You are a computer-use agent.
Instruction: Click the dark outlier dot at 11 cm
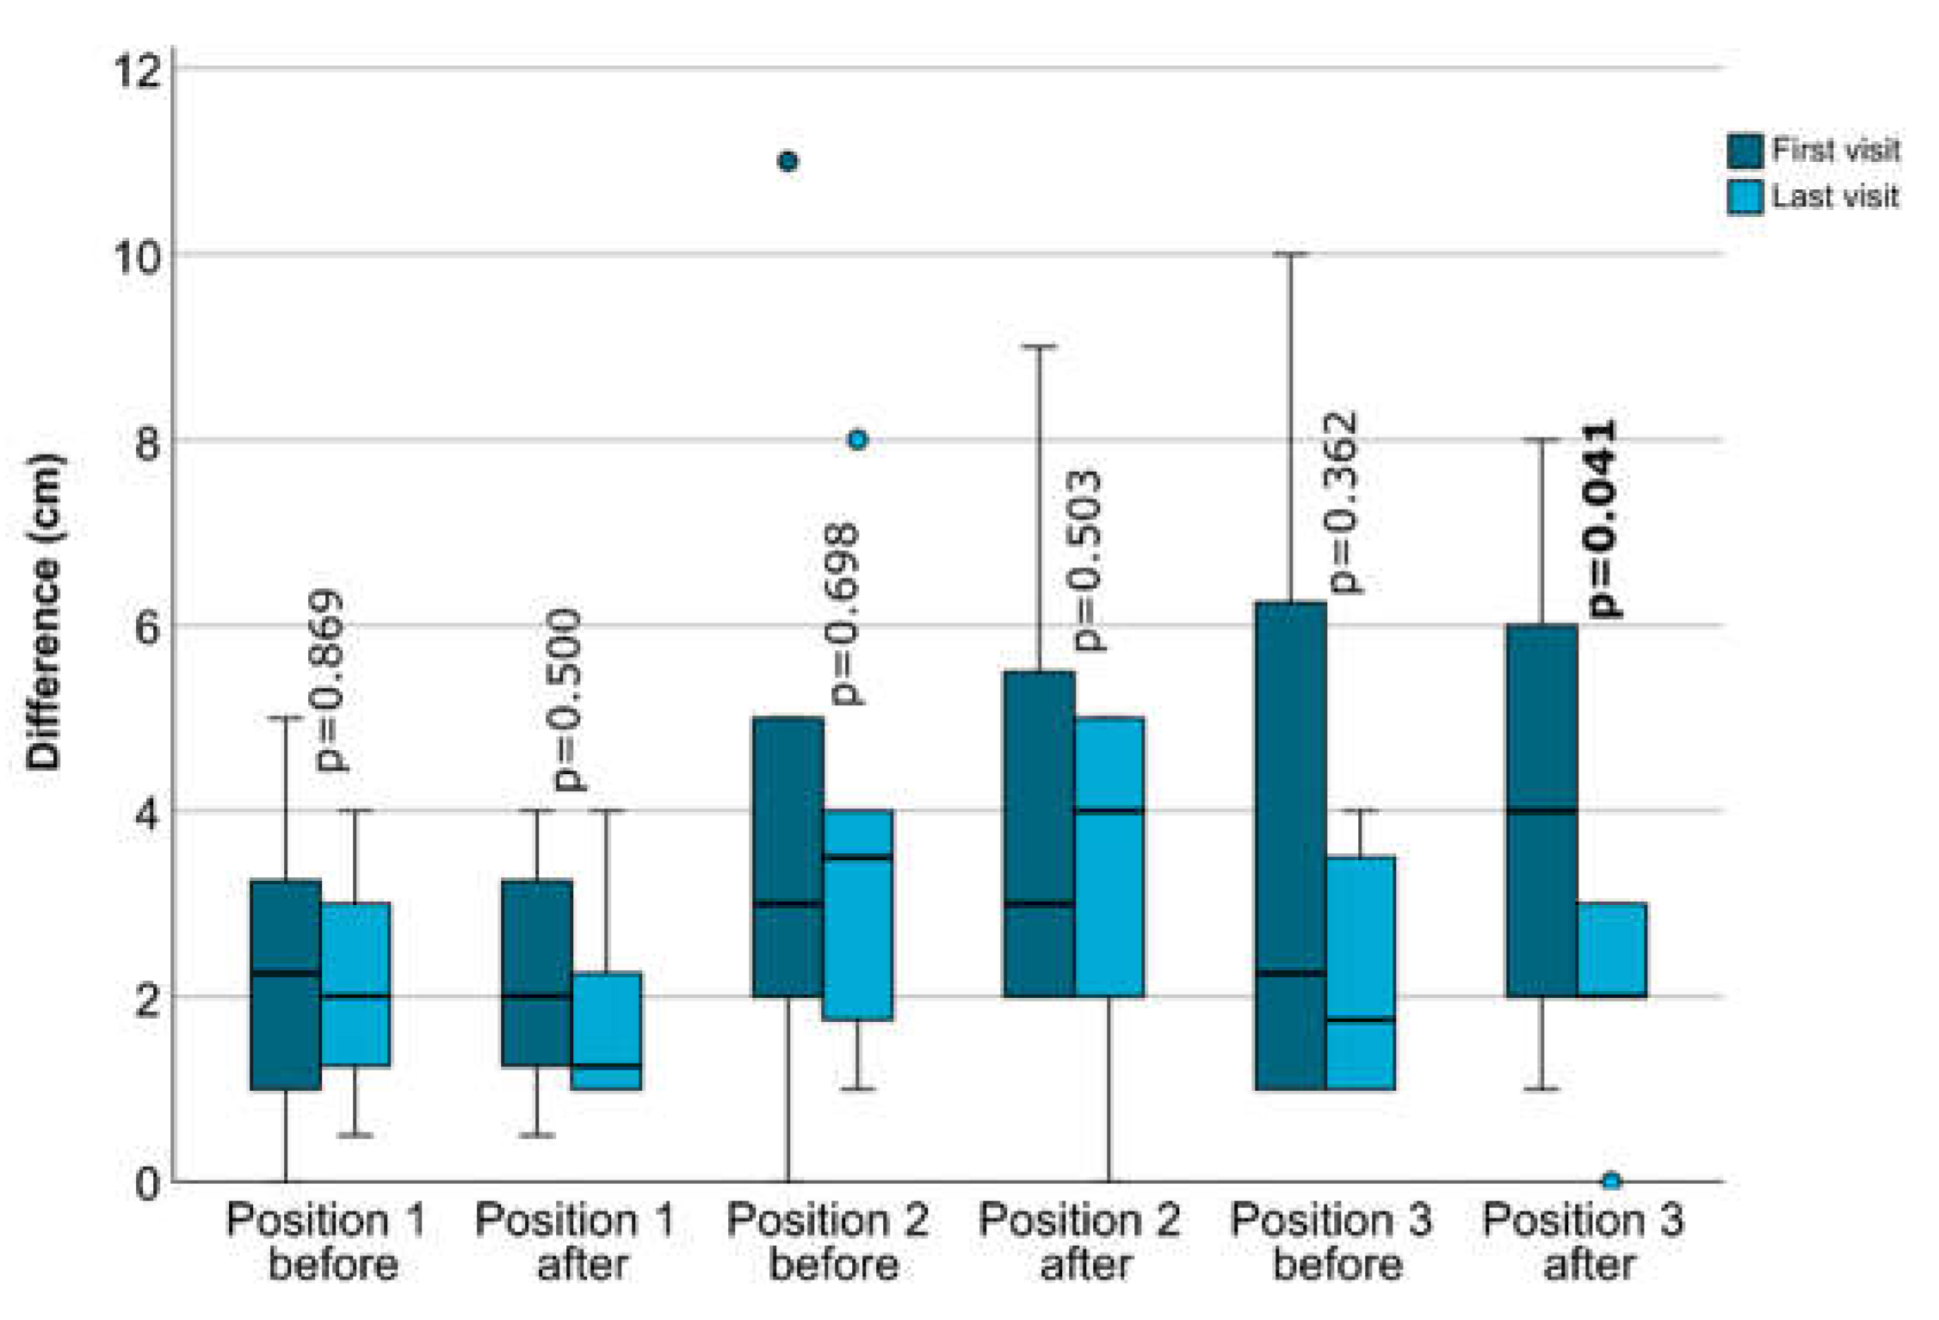point(787,161)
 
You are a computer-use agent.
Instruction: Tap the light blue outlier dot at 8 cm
point(856,440)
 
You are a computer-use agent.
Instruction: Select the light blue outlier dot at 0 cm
point(1611,1181)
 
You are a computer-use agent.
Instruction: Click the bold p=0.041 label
point(1602,519)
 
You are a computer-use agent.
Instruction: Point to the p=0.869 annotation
point(330,680)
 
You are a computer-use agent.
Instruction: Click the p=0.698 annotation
point(843,614)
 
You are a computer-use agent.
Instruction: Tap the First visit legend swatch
point(1744,151)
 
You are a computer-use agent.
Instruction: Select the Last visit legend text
point(1835,197)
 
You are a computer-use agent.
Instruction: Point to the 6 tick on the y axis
point(147,627)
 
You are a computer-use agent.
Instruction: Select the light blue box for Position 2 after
point(1108,857)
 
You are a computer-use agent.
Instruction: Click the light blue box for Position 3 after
point(1611,950)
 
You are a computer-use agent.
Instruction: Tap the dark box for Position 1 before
point(286,984)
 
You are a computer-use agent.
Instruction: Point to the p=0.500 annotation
point(567,699)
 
